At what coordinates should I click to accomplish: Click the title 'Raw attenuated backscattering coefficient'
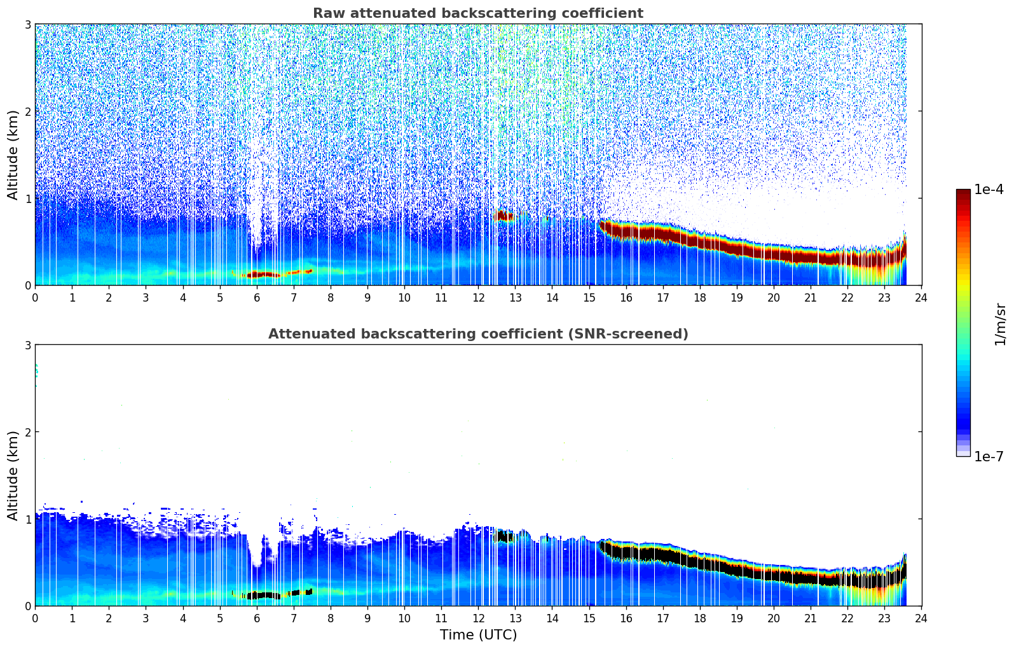tap(477, 13)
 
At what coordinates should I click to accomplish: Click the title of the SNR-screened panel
tap(477, 334)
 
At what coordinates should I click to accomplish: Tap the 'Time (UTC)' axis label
tap(478, 635)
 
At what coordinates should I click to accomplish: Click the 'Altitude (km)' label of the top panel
tap(13, 155)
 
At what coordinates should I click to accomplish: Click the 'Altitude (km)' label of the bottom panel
tap(13, 475)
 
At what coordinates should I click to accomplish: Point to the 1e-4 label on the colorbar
tap(989, 190)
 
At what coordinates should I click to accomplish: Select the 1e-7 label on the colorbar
tap(989, 456)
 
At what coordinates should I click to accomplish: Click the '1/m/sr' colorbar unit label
tap(1000, 324)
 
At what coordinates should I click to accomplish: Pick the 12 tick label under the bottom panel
tap(478, 618)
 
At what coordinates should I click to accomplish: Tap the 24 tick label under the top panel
tap(921, 298)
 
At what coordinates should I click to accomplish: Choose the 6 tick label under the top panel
tap(257, 298)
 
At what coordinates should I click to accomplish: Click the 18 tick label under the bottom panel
tap(699, 618)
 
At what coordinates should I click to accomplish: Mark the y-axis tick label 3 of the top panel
tap(27, 24)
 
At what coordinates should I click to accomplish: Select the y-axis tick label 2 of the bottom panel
tap(27, 432)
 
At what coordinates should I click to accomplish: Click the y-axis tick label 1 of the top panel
tap(27, 199)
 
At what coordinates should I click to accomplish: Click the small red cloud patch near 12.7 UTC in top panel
tap(503, 216)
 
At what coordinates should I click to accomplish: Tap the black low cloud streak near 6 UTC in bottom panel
tap(261, 596)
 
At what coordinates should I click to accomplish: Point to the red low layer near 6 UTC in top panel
tap(261, 275)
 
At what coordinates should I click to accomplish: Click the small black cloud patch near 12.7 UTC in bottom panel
tap(503, 536)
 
